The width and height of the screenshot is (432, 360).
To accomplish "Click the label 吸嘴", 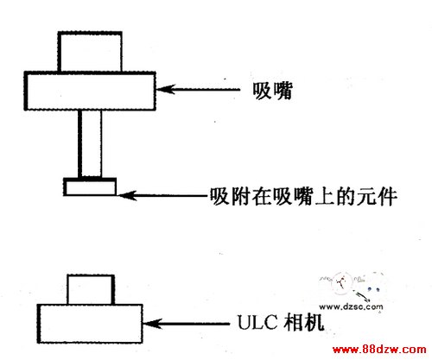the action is click(x=272, y=91).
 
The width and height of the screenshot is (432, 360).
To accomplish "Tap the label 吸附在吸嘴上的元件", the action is click(x=303, y=197).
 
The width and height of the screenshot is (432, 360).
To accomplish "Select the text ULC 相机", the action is click(x=281, y=322).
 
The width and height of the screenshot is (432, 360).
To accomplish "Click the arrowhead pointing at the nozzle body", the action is click(x=166, y=89).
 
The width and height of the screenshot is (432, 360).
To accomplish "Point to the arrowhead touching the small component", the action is click(x=128, y=196).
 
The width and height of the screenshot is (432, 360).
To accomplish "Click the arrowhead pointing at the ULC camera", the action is click(x=152, y=324).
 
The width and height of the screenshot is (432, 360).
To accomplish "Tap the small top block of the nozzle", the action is click(x=90, y=52).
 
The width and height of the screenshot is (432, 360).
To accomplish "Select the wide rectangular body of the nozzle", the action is click(x=90, y=91).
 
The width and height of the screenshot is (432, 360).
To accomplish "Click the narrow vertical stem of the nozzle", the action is click(x=90, y=144).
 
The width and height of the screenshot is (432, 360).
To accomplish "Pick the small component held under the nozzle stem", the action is click(x=90, y=187).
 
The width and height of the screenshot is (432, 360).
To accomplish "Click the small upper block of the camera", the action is click(x=91, y=289).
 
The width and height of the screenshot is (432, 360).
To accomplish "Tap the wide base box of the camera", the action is click(x=90, y=324).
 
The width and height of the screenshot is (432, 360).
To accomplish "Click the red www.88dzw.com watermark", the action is click(x=379, y=350).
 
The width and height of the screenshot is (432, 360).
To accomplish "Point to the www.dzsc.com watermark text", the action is click(x=351, y=306).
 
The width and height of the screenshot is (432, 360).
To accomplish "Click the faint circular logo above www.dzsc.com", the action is click(x=342, y=282).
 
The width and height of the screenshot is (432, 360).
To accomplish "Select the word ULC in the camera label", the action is click(x=257, y=322).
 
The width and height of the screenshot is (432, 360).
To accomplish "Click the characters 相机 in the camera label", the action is click(x=304, y=322).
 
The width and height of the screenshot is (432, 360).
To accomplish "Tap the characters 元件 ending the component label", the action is click(x=377, y=197).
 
